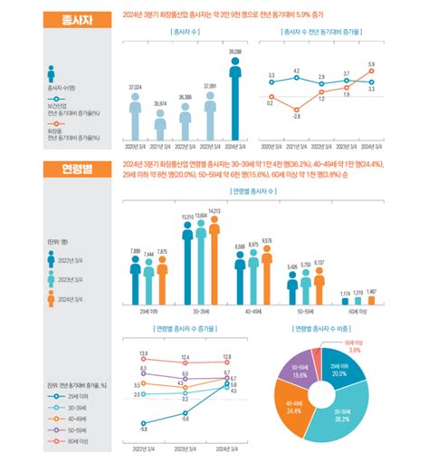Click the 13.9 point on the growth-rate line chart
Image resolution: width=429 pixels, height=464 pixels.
click(x=144, y=357)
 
